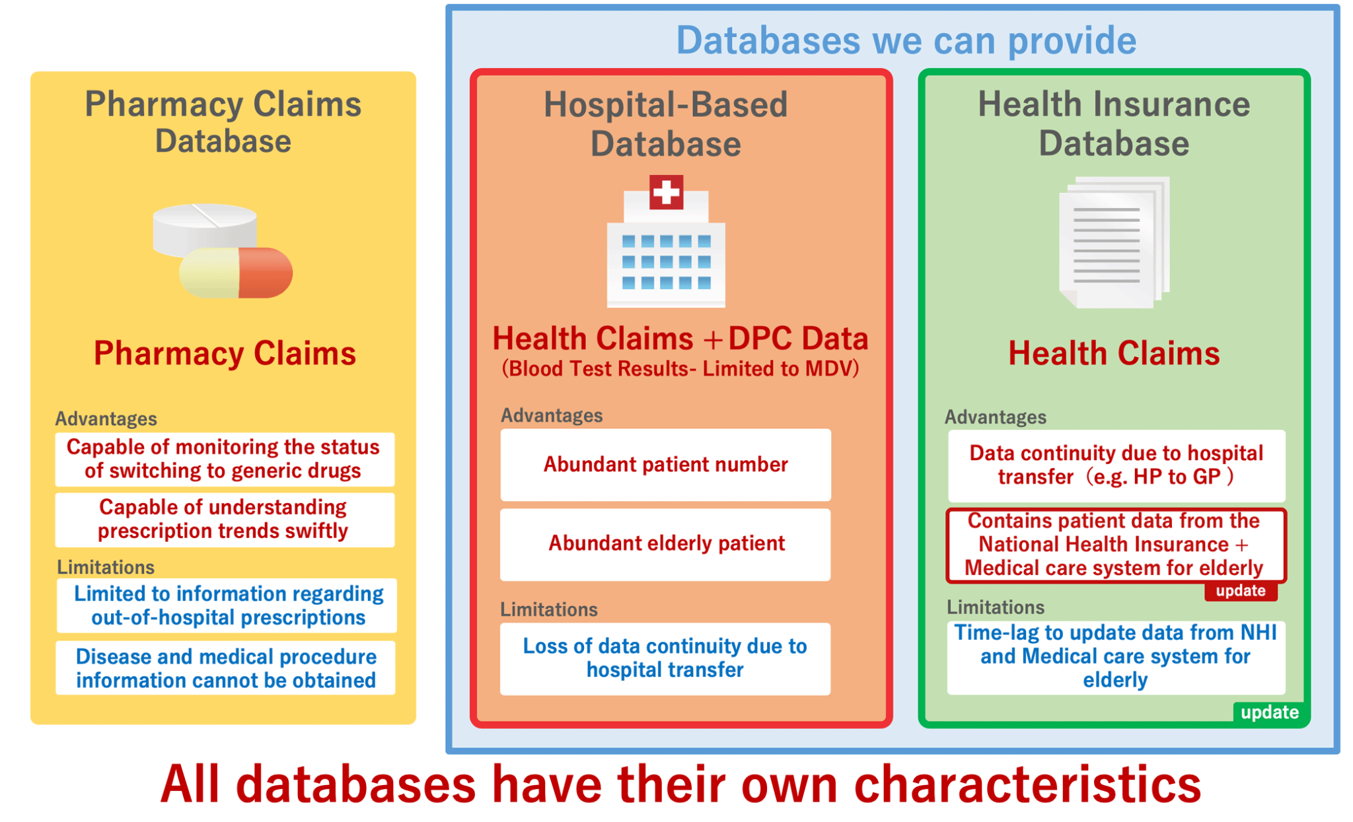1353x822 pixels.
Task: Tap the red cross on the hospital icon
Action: pyautogui.click(x=665, y=192)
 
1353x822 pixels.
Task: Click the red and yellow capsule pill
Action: pyautogui.click(x=237, y=273)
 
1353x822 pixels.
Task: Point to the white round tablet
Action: pyautogui.click(x=204, y=228)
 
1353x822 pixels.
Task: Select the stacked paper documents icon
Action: pyautogui.click(x=1114, y=242)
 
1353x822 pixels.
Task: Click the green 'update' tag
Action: pyautogui.click(x=1268, y=712)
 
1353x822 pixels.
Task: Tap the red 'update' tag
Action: pyautogui.click(x=1240, y=591)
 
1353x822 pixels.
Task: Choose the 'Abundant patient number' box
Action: pyautogui.click(x=665, y=465)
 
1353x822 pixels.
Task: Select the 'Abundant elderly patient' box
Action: pyautogui.click(x=665, y=544)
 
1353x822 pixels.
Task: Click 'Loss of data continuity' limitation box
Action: pyautogui.click(x=665, y=658)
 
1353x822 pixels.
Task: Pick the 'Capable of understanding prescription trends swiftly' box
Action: pyautogui.click(x=224, y=520)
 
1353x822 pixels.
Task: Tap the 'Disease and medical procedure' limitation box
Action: pyautogui.click(x=225, y=668)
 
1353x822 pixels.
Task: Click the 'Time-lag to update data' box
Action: pyautogui.click(x=1115, y=657)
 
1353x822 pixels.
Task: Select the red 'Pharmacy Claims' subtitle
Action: pyautogui.click(x=225, y=353)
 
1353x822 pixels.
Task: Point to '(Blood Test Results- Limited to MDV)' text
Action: pyautogui.click(x=680, y=368)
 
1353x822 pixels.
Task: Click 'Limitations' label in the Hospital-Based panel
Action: pyautogui.click(x=548, y=609)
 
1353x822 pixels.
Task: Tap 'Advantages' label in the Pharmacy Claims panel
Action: pyautogui.click(x=106, y=419)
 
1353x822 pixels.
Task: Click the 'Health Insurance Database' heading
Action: pyautogui.click(x=1114, y=123)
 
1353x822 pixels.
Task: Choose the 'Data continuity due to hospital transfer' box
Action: pyautogui.click(x=1116, y=465)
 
